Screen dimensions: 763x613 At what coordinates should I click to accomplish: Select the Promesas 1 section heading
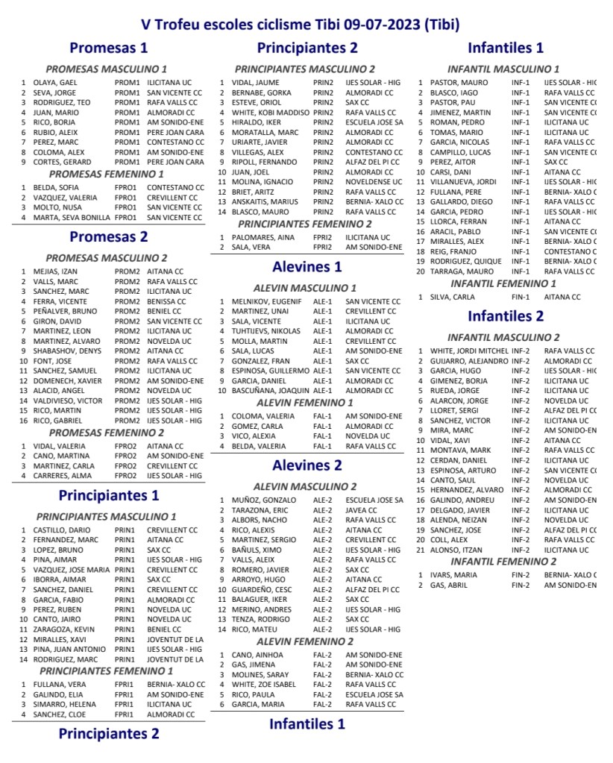(109, 48)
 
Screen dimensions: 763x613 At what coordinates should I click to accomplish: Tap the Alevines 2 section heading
(307, 465)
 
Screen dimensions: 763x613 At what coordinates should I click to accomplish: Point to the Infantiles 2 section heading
(506, 315)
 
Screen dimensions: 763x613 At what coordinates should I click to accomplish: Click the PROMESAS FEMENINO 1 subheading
(106, 174)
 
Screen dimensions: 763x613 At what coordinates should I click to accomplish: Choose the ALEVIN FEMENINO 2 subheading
(304, 641)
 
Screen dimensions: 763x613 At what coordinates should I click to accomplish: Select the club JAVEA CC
(364, 510)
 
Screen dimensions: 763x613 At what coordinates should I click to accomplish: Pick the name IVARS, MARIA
(453, 575)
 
